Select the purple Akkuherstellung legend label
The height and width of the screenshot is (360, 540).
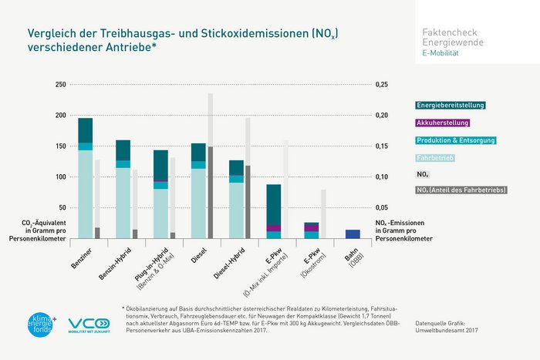(x=442, y=123)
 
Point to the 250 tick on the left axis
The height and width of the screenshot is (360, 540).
(x=59, y=85)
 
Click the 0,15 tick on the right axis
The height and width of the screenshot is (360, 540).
(x=383, y=146)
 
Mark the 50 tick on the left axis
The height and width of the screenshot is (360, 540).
(x=61, y=208)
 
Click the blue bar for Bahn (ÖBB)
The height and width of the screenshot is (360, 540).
(x=353, y=234)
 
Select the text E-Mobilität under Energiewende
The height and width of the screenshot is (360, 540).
(x=440, y=53)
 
